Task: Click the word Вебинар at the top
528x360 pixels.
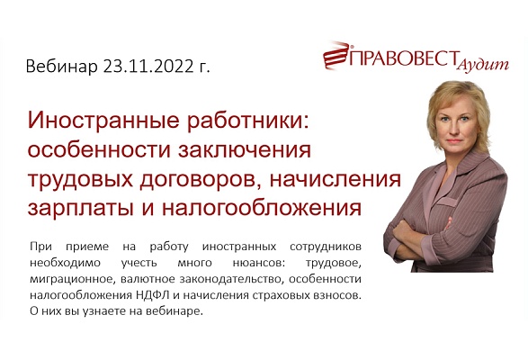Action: (62, 67)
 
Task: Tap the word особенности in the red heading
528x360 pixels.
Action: (99, 150)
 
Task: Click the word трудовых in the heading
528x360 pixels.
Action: (87, 179)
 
